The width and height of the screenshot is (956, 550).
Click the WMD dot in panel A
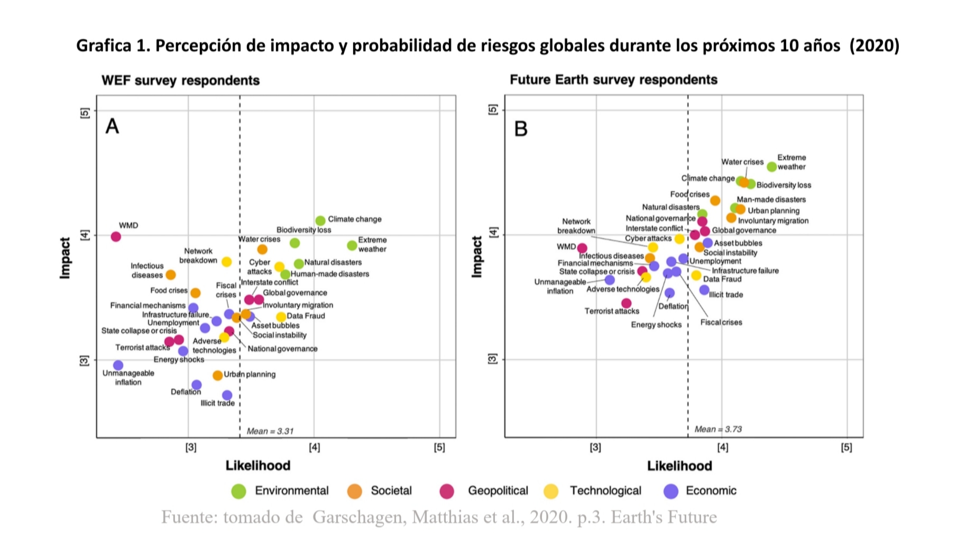[116, 236]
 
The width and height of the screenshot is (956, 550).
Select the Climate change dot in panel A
[320, 221]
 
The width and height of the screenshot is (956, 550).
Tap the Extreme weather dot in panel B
[772, 167]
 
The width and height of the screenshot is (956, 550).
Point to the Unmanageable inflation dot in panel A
[118, 365]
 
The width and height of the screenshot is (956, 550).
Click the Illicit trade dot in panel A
[227, 395]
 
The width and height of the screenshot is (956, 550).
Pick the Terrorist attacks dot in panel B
[627, 303]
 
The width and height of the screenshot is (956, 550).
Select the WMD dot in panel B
[582, 248]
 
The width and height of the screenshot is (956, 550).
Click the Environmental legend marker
[238, 491]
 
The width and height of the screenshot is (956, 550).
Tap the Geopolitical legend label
[498, 491]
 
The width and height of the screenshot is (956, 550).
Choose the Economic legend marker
[670, 491]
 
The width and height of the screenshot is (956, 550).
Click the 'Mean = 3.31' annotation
[270, 431]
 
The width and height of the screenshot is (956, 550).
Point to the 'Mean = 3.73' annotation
[718, 429]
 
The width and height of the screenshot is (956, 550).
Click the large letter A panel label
[112, 126]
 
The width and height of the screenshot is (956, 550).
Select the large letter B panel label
[521, 129]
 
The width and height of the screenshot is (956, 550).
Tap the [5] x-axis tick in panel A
[439, 447]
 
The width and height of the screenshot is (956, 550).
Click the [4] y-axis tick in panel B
[493, 232]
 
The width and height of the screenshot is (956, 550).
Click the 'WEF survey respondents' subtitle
[180, 80]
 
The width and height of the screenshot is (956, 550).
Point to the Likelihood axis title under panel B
[679, 465]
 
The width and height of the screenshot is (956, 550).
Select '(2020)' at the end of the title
[874, 45]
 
